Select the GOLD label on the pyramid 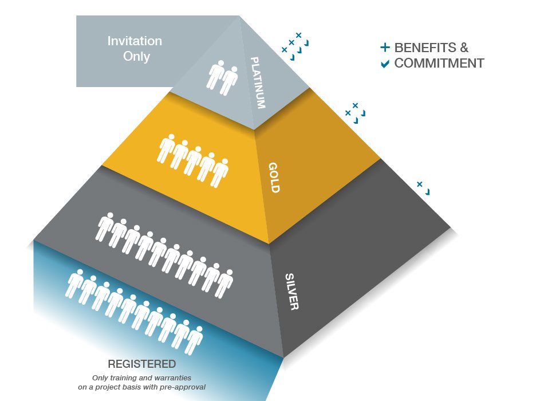point(274,178)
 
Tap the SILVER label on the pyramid point(291,292)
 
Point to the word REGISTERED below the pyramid point(141,364)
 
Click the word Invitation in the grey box point(135,41)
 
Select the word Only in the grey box point(136,56)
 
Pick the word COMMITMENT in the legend point(439,63)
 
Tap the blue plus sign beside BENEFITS point(385,48)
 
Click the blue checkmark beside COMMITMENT point(385,64)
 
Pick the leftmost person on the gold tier point(166,148)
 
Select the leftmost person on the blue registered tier point(75,283)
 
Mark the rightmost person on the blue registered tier point(195,340)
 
